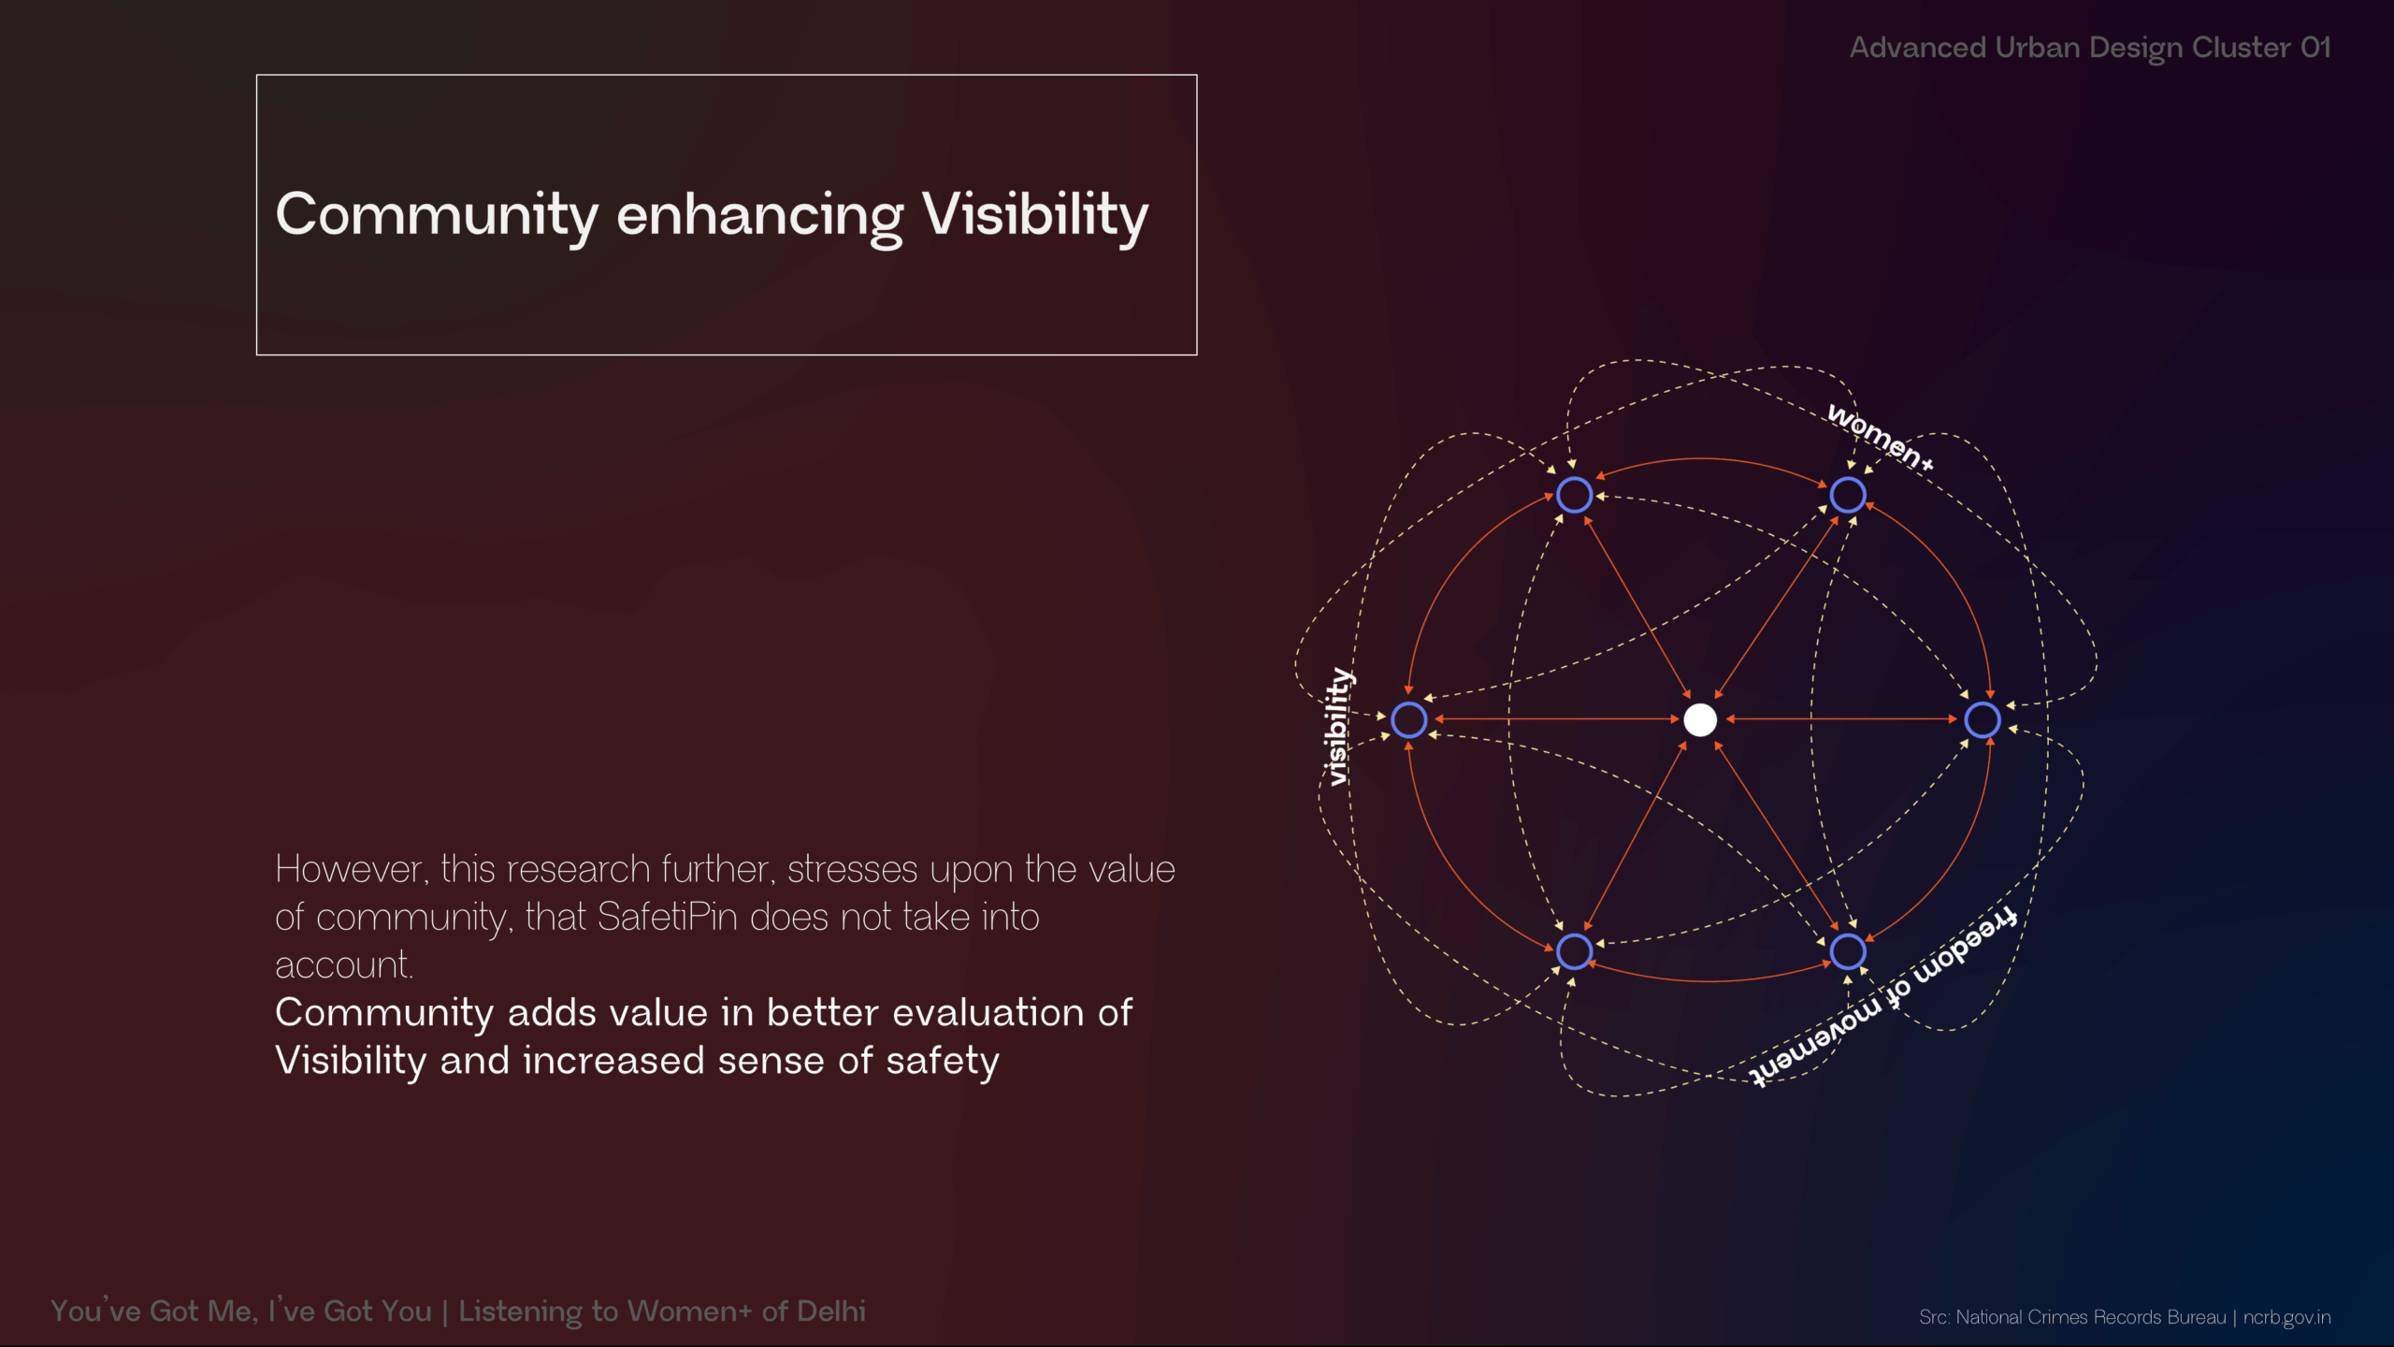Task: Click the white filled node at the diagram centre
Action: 1699,719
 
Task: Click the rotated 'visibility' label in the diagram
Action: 1338,727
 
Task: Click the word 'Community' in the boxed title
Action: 437,215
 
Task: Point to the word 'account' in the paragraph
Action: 344,965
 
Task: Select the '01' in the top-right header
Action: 2315,47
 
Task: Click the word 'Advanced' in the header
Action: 1917,47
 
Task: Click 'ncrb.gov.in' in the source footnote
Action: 2286,1317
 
